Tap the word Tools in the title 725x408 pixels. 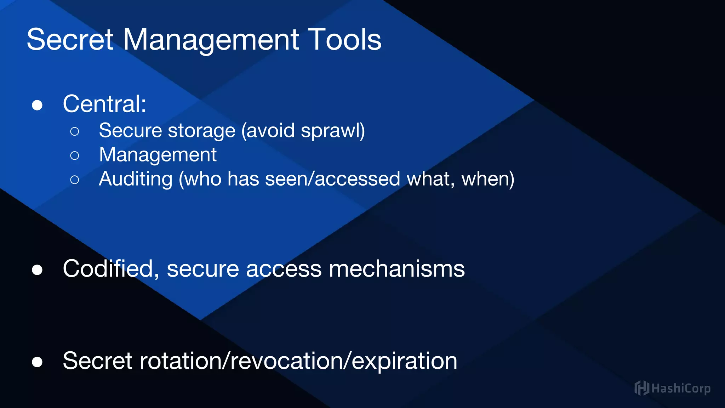(x=345, y=40)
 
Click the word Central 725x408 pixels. (x=104, y=104)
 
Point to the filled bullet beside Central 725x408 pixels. (x=37, y=105)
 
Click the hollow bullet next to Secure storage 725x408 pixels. (x=75, y=131)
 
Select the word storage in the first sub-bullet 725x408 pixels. (x=201, y=131)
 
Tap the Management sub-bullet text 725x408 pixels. (x=158, y=155)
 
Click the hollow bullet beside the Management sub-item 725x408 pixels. (x=75, y=155)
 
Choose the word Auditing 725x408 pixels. (x=136, y=179)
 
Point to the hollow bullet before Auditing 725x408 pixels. (x=75, y=180)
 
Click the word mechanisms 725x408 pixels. (x=396, y=268)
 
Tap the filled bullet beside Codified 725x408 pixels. (x=37, y=270)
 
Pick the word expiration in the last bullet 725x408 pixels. (x=404, y=361)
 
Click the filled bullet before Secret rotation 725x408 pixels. (x=37, y=362)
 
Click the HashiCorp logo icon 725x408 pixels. (x=641, y=388)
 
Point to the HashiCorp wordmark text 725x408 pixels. (x=681, y=389)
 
